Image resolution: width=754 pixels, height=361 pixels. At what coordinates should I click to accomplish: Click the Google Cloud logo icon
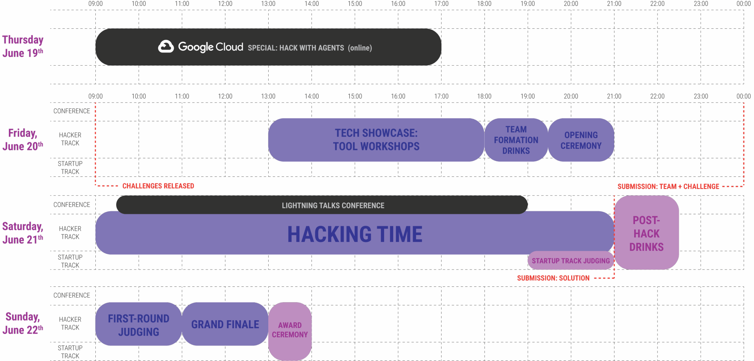(166, 47)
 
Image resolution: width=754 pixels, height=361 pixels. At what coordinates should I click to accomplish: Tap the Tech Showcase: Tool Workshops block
(376, 140)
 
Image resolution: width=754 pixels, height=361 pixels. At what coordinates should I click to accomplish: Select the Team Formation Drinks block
(516, 140)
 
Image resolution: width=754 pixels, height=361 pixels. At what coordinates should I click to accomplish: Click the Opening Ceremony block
(581, 140)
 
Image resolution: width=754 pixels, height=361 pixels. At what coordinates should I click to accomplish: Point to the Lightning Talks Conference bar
(322, 205)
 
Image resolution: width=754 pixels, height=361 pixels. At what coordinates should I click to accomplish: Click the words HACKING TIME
(355, 234)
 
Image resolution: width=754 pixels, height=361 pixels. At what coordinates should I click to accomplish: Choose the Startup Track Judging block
(571, 260)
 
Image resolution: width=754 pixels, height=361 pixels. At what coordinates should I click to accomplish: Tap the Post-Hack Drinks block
(646, 232)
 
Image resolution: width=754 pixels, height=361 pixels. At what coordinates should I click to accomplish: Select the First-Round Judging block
(138, 324)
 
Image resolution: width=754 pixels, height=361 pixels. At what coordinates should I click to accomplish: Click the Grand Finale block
(225, 324)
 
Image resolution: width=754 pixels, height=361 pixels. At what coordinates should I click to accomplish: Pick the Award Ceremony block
(290, 331)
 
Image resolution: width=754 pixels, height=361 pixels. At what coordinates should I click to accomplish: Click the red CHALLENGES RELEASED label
(158, 186)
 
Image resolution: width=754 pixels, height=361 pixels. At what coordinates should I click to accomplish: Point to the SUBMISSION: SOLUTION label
(553, 278)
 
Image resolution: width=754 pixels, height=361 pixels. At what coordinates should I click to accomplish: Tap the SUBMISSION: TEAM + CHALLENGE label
(668, 186)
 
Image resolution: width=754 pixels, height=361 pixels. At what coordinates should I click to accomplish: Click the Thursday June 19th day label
(23, 46)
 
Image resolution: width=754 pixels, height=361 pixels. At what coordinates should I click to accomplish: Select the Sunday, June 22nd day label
(23, 323)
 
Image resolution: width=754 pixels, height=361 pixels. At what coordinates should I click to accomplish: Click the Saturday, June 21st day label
(23, 233)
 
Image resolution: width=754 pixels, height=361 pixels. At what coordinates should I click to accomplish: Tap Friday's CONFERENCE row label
(72, 111)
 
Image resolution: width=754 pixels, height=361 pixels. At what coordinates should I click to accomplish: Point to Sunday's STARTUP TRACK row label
(70, 352)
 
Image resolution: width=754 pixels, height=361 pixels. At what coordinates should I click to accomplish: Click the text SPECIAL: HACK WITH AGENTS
(296, 48)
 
